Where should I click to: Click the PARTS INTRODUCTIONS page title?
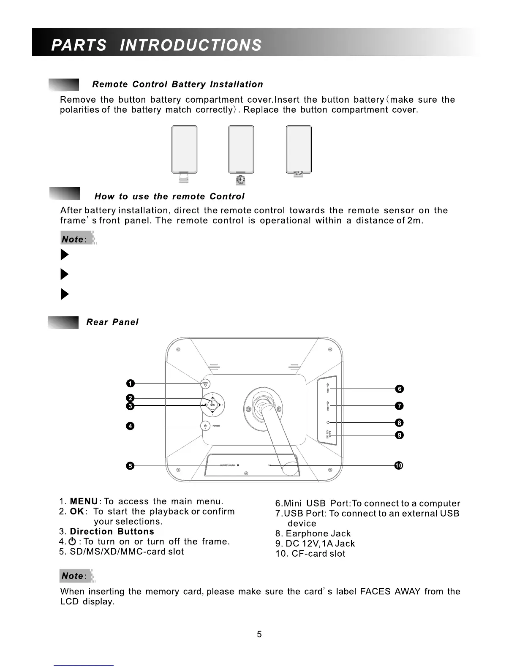(x=156, y=45)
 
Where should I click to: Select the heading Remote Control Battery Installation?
(x=177, y=84)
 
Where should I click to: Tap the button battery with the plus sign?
(x=241, y=180)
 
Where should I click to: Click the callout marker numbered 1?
(x=131, y=383)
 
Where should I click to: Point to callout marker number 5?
(x=131, y=466)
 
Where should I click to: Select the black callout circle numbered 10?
(x=398, y=465)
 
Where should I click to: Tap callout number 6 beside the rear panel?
(x=399, y=389)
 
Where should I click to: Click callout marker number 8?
(x=399, y=423)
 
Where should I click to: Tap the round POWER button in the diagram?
(x=205, y=426)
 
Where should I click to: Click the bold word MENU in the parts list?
(x=84, y=502)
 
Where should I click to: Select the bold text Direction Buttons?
(x=112, y=532)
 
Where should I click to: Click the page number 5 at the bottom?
(x=259, y=634)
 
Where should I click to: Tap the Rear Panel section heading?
(x=112, y=322)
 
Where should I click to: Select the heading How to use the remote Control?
(x=169, y=196)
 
